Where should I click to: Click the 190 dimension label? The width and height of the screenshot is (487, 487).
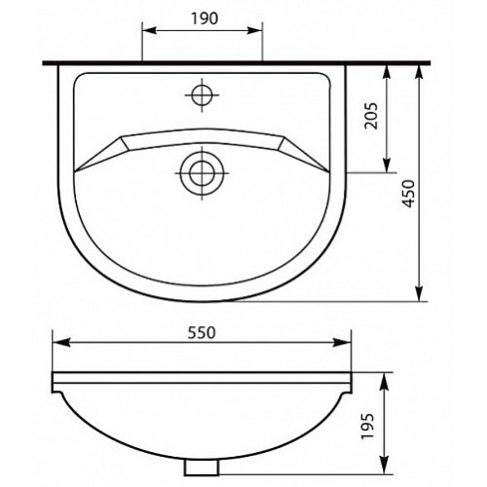coord(205,19)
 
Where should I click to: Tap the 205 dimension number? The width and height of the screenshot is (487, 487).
coord(371,116)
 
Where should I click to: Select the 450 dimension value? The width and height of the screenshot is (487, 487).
coord(408,194)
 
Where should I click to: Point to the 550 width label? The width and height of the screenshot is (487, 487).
coord(202,332)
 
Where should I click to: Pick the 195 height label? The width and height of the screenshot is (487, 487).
coord(368,426)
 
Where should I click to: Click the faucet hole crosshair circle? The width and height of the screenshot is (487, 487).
coord(202,95)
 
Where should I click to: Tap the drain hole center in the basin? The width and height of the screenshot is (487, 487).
coord(202,172)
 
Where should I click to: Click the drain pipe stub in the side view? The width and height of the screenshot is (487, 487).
coord(202,468)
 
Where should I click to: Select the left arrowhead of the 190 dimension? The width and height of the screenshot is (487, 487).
coord(150,30)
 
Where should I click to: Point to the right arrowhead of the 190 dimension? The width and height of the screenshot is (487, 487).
coord(254,30)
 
